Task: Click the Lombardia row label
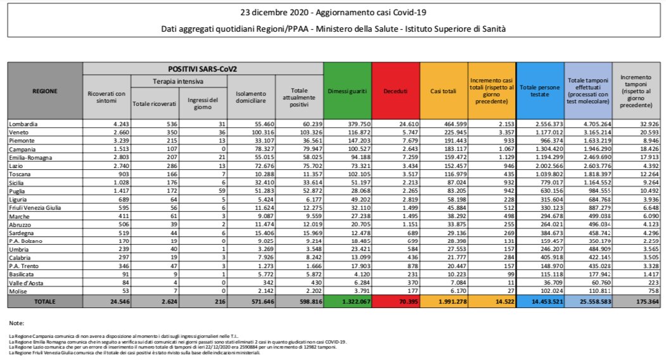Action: coord(22,122)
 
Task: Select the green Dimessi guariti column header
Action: coord(347,91)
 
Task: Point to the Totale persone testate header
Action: coord(540,91)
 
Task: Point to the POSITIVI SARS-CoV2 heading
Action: coord(202,68)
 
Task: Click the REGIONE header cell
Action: coord(45,91)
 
